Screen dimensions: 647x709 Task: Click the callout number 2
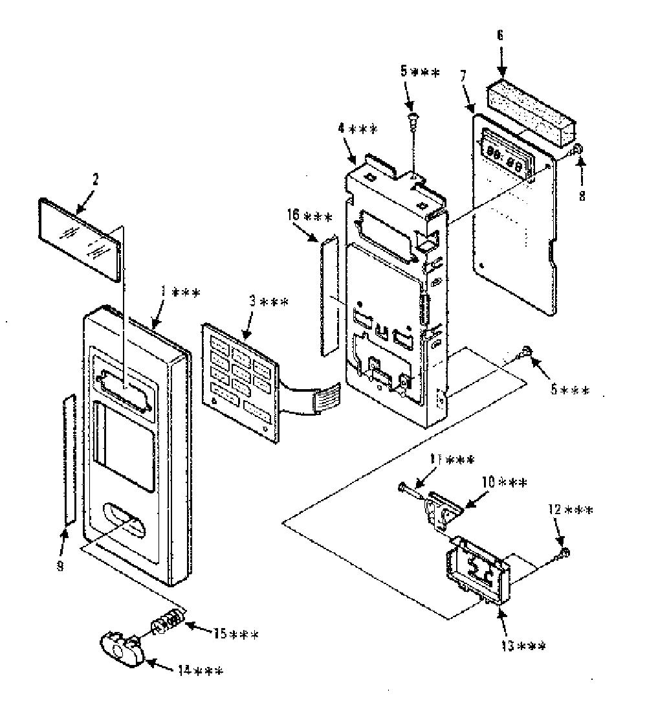(95, 180)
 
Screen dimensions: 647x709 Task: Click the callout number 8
(582, 196)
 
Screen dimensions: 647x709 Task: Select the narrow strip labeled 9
(69, 458)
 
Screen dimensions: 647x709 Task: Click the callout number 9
(60, 566)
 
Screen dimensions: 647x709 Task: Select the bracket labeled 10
(444, 510)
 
